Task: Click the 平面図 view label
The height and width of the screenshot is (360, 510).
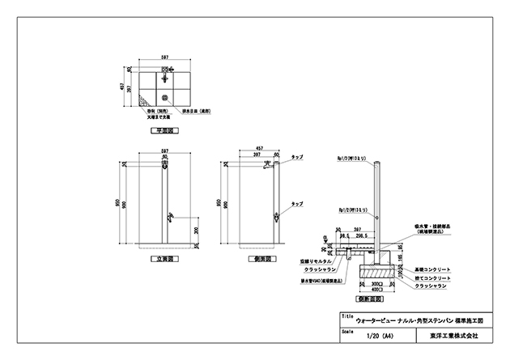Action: [164, 130]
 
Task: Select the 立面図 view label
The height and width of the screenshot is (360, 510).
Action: [164, 260]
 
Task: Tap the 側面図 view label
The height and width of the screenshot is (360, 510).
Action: [260, 260]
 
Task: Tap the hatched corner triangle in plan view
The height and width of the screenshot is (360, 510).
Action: [142, 101]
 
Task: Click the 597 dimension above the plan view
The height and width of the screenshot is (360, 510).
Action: [164, 57]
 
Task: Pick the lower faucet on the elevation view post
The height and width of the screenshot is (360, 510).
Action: [169, 217]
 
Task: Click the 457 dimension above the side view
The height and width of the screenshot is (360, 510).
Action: [259, 148]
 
